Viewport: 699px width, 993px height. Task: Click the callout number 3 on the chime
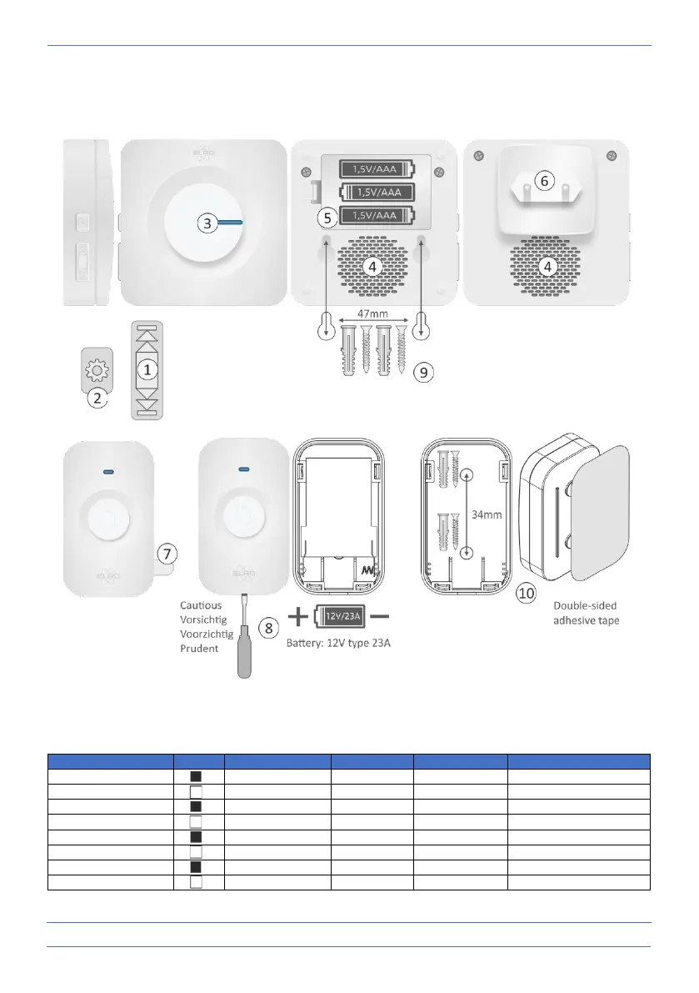click(x=209, y=223)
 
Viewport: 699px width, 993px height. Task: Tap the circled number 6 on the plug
click(x=543, y=180)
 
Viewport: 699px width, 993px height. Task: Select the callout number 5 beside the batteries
click(x=328, y=217)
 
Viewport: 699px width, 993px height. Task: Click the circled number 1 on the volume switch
click(x=147, y=368)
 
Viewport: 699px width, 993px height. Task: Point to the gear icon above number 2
click(x=97, y=372)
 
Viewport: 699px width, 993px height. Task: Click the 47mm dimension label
click(x=373, y=313)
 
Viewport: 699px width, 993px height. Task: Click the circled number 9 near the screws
click(x=424, y=373)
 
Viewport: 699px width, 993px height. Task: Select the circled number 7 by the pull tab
click(x=167, y=552)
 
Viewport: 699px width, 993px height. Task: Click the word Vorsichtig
click(x=204, y=619)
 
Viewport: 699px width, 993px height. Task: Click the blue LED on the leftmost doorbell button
click(x=109, y=472)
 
